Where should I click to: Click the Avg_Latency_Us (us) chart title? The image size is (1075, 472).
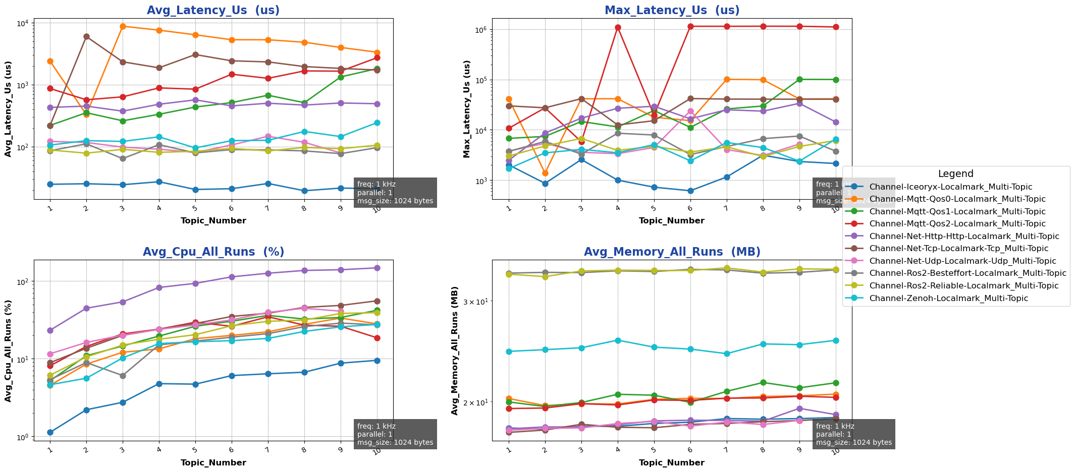pyautogui.click(x=213, y=11)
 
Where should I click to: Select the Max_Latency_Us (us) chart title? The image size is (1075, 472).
pyautogui.click(x=672, y=11)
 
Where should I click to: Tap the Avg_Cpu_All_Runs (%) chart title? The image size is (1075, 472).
pyautogui.click(x=213, y=252)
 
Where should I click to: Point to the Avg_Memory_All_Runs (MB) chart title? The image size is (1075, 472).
pyautogui.click(x=672, y=252)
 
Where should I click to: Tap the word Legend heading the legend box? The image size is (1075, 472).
pyautogui.click(x=955, y=174)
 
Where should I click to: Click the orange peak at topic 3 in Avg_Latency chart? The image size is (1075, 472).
pyautogui.click(x=123, y=26)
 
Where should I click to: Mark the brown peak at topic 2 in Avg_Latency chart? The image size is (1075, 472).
pyautogui.click(x=86, y=36)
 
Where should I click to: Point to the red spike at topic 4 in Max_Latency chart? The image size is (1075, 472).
pyautogui.click(x=618, y=27)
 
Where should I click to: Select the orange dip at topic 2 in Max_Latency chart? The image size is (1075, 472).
pyautogui.click(x=545, y=173)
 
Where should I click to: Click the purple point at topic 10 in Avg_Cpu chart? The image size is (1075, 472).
pyautogui.click(x=377, y=268)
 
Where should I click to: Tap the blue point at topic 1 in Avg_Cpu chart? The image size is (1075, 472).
pyautogui.click(x=50, y=432)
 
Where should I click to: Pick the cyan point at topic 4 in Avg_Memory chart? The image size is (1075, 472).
pyautogui.click(x=618, y=340)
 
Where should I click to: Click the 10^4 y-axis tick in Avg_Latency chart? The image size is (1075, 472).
pyautogui.click(x=24, y=23)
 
